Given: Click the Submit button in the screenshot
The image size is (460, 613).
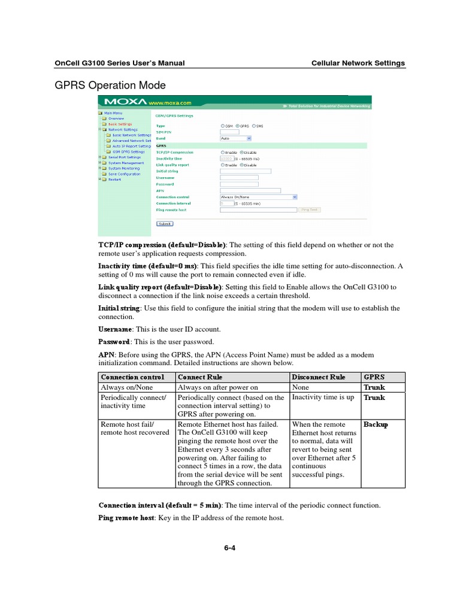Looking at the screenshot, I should coord(164,223).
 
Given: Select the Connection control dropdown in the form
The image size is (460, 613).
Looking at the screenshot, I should coord(259,196).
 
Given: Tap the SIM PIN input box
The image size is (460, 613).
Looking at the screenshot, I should coord(229,132).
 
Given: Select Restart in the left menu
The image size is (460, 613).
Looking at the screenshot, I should coord(114,179).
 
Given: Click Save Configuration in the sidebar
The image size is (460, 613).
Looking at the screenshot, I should coord(124,174).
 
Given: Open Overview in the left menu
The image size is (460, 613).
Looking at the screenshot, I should coord(116,119).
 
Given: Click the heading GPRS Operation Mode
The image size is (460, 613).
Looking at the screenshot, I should coord(110,85).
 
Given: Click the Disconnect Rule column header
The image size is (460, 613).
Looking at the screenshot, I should coord(318,377).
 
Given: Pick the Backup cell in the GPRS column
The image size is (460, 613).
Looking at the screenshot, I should coord(376,424).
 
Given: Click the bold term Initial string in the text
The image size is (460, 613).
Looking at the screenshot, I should coord(119,308).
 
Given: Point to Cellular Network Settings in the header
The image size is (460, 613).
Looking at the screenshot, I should coord(358,63).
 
